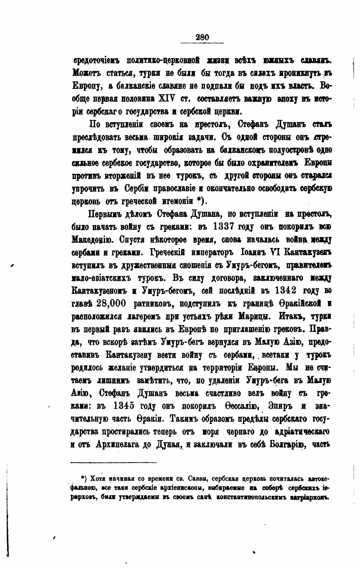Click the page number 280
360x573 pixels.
tap(202, 37)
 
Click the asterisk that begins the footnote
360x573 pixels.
tap(83, 477)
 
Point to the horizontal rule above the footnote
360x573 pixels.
tap(113, 462)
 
